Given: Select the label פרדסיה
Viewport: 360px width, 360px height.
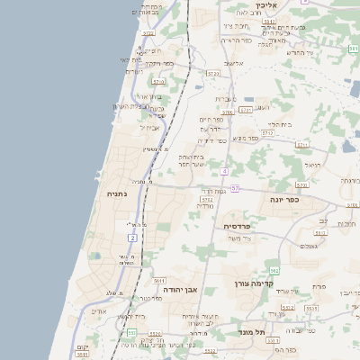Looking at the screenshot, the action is [237, 226].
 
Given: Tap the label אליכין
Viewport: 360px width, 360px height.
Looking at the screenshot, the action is [265, 5].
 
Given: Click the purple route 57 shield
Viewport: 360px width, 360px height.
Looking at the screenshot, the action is [234, 187].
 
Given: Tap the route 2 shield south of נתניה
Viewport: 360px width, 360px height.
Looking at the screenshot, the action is [132, 238].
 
